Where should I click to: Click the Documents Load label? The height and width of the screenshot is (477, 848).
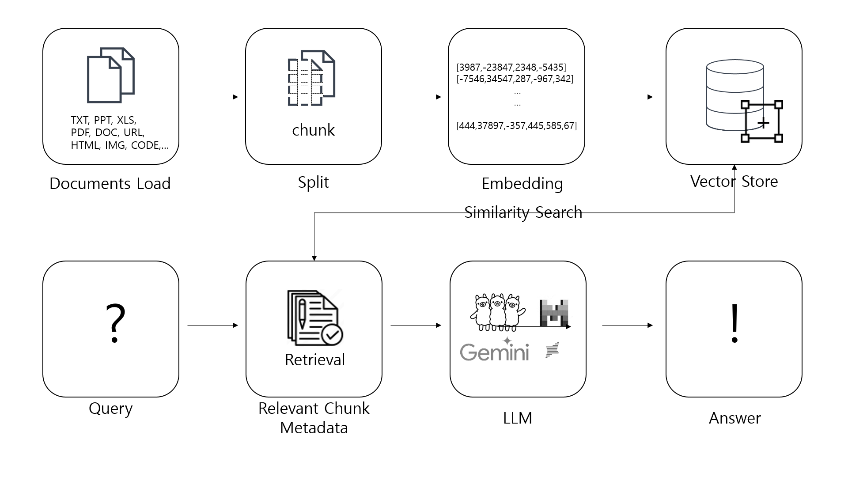click(x=110, y=183)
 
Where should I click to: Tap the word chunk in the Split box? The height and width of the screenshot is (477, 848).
click(x=313, y=130)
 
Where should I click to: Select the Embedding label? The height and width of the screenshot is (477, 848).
click(x=522, y=183)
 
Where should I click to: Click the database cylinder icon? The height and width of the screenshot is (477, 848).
click(x=734, y=95)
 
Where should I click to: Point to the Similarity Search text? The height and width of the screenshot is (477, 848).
click(x=523, y=212)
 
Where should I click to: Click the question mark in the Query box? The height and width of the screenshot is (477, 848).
click(x=115, y=323)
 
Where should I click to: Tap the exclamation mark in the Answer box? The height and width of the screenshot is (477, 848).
click(x=734, y=323)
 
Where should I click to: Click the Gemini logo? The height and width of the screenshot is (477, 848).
click(x=494, y=352)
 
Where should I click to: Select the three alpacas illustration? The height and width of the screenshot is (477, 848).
click(x=497, y=312)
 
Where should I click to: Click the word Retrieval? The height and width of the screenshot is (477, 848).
click(x=314, y=360)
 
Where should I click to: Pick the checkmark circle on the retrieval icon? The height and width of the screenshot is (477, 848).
click(x=332, y=335)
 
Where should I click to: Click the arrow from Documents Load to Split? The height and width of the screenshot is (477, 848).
click(x=212, y=97)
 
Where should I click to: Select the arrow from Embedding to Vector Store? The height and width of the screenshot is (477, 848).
click(x=627, y=97)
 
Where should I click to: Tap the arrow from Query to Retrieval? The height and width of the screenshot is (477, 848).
click(x=212, y=326)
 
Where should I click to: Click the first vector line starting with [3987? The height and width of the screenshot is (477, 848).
click(x=511, y=67)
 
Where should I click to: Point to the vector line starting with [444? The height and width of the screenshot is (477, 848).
click(x=516, y=125)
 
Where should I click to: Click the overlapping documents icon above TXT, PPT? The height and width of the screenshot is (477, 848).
click(x=110, y=75)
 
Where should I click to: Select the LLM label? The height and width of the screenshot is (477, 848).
click(x=517, y=418)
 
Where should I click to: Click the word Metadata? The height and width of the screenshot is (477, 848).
click(x=314, y=428)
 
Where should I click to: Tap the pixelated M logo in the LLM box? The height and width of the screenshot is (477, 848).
click(x=553, y=312)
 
